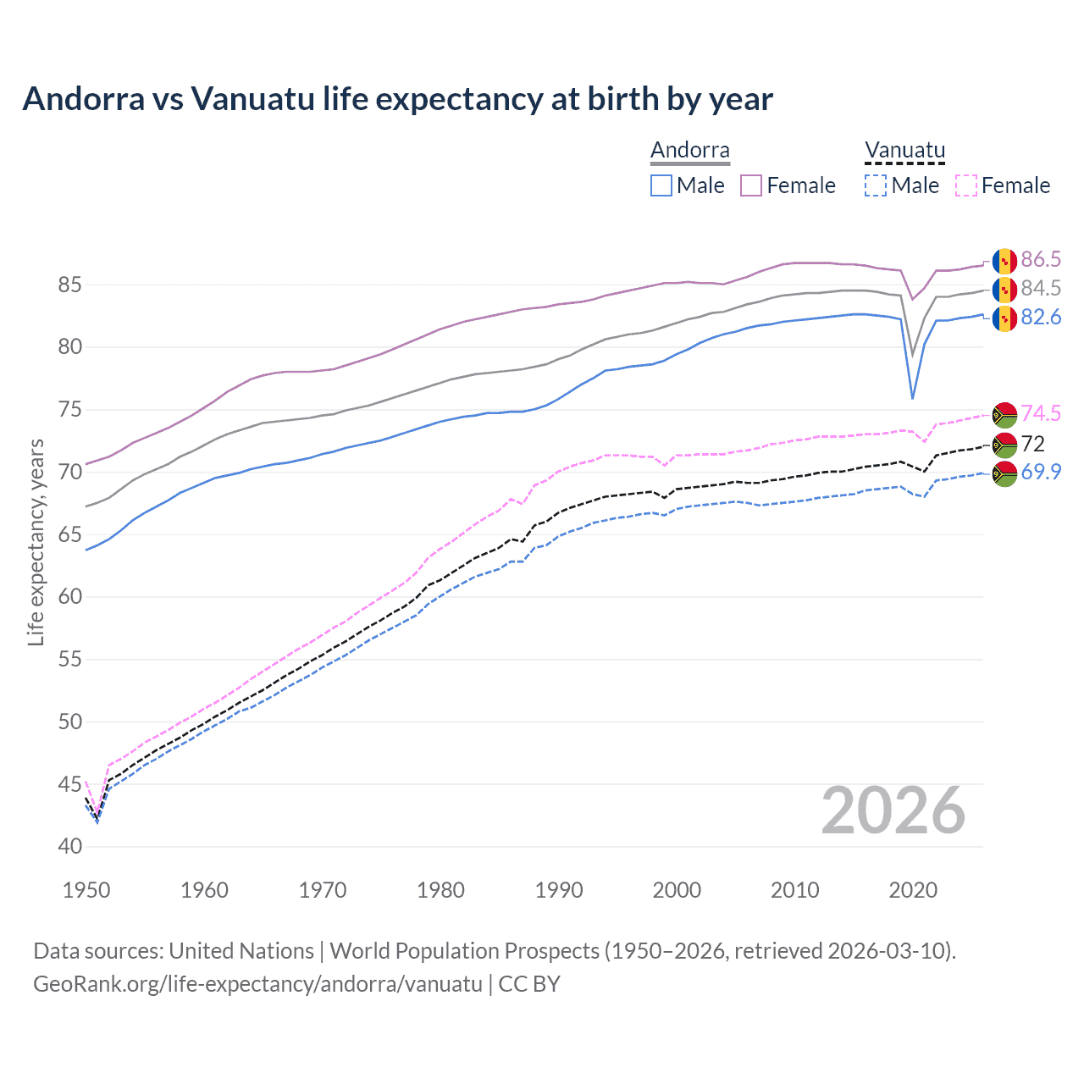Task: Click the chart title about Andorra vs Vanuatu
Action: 397,99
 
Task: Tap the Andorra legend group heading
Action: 689,151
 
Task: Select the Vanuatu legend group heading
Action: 904,151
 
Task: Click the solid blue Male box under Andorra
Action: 661,185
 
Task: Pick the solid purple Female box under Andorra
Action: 751,185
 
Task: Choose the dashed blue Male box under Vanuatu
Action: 876,185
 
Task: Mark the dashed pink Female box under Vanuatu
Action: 965,185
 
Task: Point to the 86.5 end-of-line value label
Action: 1041,259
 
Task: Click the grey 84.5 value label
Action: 1041,288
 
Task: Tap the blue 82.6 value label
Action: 1041,318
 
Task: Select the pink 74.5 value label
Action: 1041,413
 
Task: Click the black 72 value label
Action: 1033,444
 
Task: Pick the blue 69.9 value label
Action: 1041,472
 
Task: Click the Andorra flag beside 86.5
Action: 1004,260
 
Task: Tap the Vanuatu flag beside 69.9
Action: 1004,473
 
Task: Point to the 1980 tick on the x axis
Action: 441,890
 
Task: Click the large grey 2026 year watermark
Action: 893,810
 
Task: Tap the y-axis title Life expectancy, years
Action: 36,542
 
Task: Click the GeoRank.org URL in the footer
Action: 257,984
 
